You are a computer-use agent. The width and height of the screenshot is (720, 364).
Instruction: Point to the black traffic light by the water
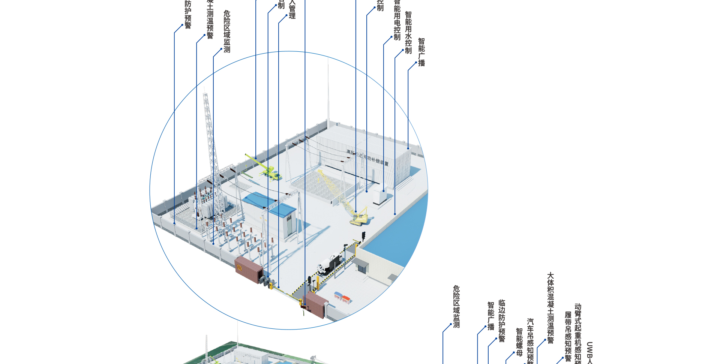(x=363, y=236)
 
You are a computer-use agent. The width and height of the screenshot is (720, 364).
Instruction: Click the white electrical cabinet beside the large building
(x=379, y=197)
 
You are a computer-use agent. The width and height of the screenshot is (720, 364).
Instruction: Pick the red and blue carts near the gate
(x=342, y=298)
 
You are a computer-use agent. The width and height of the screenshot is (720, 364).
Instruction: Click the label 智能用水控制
(x=408, y=33)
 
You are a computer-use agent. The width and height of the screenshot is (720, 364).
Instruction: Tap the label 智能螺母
(x=519, y=342)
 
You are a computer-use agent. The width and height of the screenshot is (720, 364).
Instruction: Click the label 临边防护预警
(x=502, y=321)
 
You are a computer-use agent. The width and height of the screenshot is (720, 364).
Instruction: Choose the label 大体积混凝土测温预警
(x=550, y=307)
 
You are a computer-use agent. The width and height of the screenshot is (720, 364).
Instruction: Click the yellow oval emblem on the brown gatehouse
(x=239, y=267)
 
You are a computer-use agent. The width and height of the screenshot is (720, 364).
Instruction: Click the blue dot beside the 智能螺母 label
(x=514, y=352)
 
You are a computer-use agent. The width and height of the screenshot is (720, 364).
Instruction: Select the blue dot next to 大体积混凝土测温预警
(x=545, y=340)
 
